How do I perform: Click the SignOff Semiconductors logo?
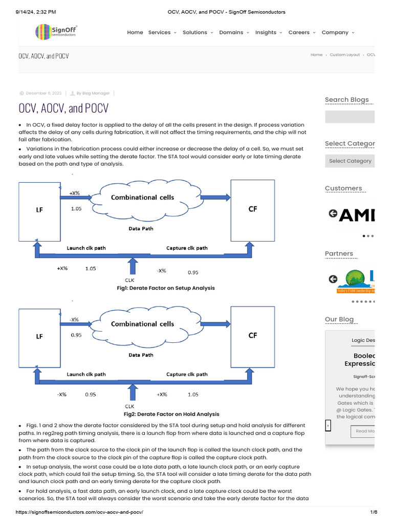55,32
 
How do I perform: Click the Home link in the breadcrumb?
316,55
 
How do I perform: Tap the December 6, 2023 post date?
43,93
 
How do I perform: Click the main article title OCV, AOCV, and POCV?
63,108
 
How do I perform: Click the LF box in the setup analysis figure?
39,209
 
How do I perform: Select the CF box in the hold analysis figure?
252,336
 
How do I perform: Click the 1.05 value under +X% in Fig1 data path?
76,209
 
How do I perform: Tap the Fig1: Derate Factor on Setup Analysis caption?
166,288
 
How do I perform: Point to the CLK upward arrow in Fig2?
133,392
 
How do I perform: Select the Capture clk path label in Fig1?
187,248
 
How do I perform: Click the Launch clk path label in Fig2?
86,374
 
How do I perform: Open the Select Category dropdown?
350,161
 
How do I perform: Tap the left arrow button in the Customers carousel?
333,213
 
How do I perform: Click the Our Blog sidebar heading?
339,319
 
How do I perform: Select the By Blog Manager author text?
93,93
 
